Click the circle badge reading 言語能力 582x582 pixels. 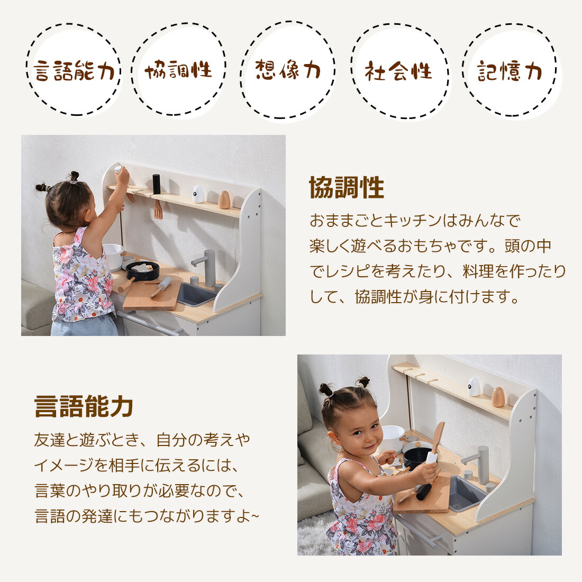(74, 69)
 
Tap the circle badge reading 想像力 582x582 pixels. (288, 70)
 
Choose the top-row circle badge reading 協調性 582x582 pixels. (178, 69)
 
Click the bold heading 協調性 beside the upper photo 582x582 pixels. (347, 187)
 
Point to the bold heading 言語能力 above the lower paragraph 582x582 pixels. (84, 406)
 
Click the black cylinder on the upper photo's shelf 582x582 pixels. (156, 184)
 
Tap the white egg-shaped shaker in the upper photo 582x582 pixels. (198, 194)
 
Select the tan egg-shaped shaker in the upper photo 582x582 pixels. (224, 199)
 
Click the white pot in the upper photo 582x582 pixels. (114, 256)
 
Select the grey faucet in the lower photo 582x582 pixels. (478, 464)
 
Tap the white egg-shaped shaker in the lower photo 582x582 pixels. (474, 387)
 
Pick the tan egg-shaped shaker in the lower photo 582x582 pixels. (498, 397)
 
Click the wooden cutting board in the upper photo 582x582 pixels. (152, 295)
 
